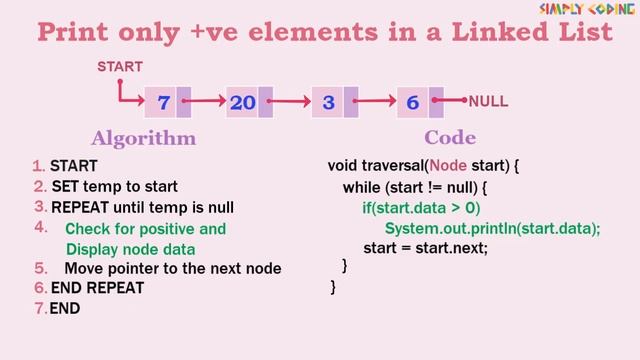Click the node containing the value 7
tap(163, 102)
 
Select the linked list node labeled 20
tap(243, 102)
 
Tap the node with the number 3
tap(328, 102)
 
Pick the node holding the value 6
tap(412, 102)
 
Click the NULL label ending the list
tap(489, 101)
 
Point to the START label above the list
tap(119, 67)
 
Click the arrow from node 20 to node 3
tap(291, 101)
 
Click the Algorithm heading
tap(143, 138)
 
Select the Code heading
tap(450, 138)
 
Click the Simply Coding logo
tap(588, 9)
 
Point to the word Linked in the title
tap(480, 32)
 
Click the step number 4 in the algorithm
tap(41, 227)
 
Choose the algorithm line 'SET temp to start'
tap(114, 186)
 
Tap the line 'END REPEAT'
tap(97, 288)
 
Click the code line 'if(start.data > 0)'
tap(421, 208)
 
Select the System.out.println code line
tap(492, 228)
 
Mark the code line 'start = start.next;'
tap(425, 248)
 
